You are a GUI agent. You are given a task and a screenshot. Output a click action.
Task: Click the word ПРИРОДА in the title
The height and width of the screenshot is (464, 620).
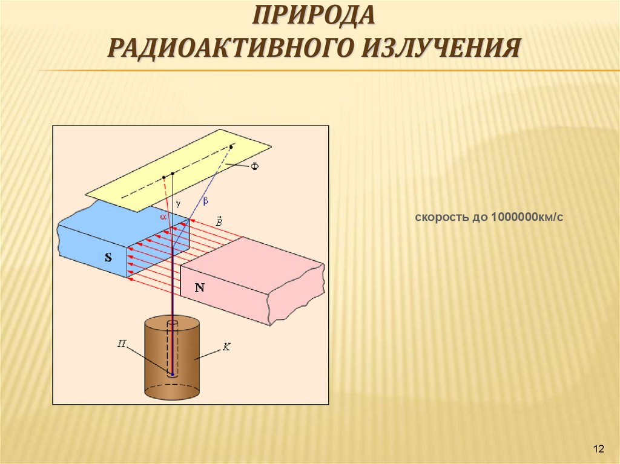(x=314, y=16)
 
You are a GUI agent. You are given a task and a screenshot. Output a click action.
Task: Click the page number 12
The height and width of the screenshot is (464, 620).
(x=599, y=448)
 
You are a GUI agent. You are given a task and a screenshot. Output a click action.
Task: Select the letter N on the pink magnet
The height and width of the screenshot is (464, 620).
(x=199, y=288)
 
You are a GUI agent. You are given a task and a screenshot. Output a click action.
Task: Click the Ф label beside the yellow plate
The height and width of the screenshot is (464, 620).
(x=254, y=166)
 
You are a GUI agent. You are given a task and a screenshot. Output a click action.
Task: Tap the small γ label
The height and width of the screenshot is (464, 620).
(x=179, y=204)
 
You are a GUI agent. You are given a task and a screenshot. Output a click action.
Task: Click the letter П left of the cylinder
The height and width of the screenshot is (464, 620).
(x=121, y=343)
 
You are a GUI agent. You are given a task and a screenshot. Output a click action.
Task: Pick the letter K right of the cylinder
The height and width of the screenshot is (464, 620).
(x=226, y=347)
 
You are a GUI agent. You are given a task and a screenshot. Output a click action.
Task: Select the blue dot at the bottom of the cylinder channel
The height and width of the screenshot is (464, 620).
(x=173, y=374)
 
